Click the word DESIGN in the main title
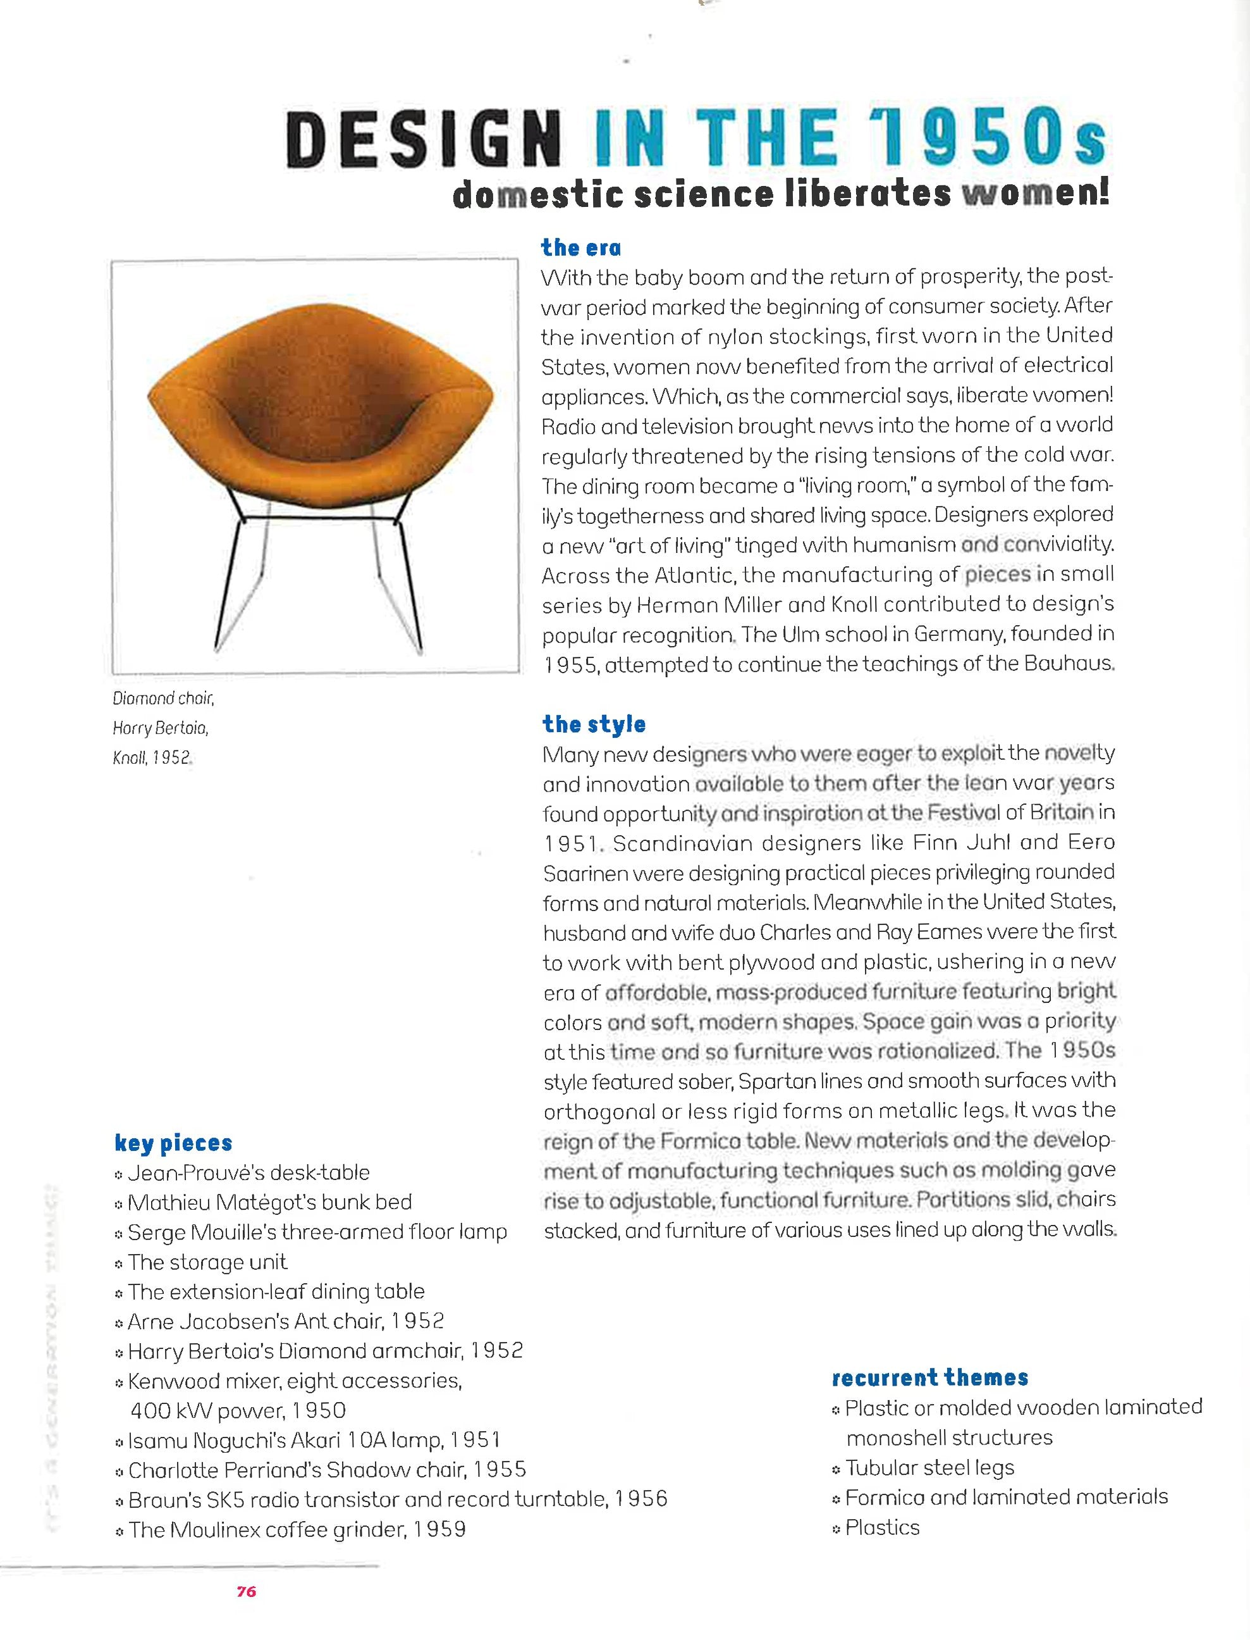tap(422, 140)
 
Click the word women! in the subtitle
tap(1035, 194)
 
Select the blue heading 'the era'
tap(580, 247)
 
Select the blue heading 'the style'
tap(594, 724)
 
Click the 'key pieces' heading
tap(173, 1143)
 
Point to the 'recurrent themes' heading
tap(929, 1378)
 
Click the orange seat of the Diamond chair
tap(320, 425)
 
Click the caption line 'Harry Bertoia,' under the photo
tap(161, 728)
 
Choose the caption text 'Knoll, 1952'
tap(152, 758)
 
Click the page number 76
tap(247, 1592)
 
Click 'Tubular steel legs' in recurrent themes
tap(929, 1467)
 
